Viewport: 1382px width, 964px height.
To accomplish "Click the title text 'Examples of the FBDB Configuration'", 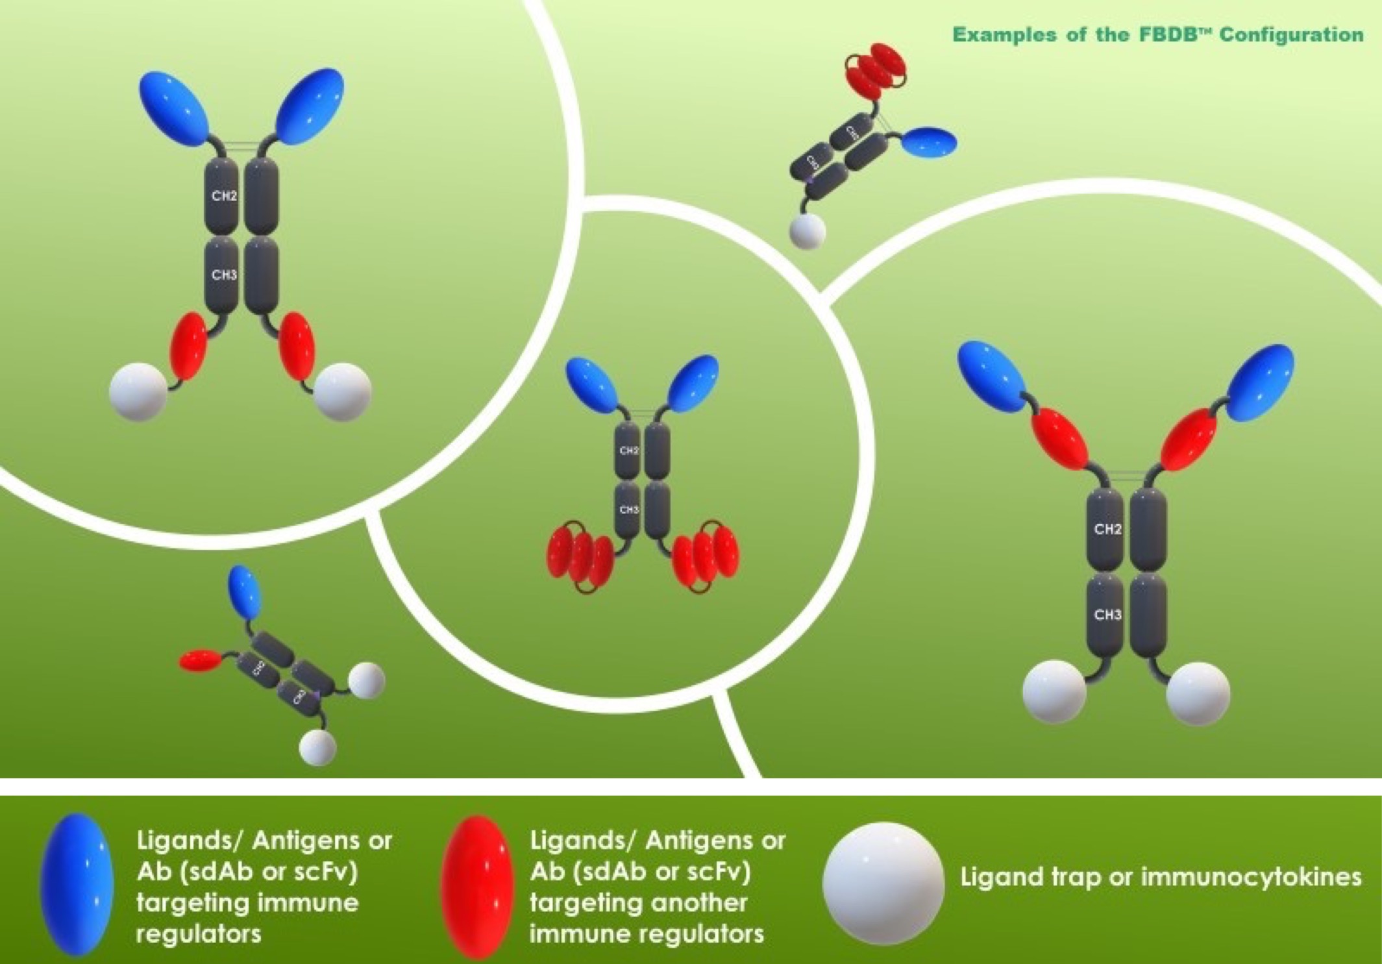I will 1157,35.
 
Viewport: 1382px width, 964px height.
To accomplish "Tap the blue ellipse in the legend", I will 77,884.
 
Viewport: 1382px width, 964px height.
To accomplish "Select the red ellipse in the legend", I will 477,886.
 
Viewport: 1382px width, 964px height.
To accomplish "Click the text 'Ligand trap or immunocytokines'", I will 1161,877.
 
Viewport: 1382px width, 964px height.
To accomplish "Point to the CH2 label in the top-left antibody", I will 224,196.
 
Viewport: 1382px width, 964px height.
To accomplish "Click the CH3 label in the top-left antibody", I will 224,275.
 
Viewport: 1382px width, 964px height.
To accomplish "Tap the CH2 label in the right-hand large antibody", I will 1107,529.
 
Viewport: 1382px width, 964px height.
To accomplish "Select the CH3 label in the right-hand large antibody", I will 1107,614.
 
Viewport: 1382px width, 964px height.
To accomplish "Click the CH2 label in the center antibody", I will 629,451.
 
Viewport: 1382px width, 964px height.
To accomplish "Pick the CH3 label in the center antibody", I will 629,510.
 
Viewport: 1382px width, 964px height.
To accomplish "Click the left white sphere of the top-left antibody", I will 138,391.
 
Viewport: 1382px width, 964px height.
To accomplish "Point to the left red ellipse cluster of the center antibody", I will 580,557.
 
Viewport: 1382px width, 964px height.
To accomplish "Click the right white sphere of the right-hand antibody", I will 1198,693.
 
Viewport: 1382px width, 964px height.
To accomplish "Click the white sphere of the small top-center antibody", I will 807,231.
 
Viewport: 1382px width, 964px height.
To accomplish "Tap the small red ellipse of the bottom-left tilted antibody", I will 200,661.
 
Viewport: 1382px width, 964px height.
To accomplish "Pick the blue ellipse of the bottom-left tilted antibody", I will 245,591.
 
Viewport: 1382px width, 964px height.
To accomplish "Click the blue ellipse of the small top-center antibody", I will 929,142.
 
